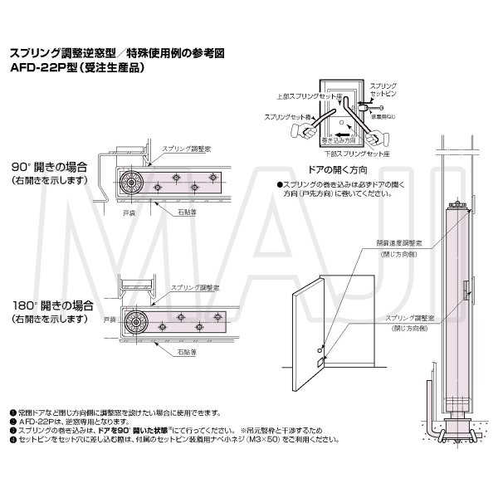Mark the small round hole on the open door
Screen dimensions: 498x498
[318, 339]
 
